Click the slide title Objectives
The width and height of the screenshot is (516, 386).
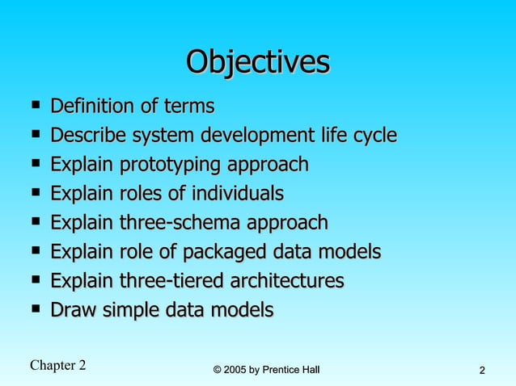[258, 62]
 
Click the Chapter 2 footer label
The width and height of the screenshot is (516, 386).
[57, 365]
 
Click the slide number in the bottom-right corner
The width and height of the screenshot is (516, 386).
[482, 371]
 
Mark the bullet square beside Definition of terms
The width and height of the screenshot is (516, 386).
[35, 105]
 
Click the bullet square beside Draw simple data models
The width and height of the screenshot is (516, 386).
[35, 308]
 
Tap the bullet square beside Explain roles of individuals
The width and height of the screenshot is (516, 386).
[35, 192]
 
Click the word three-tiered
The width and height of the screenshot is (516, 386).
[173, 281]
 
